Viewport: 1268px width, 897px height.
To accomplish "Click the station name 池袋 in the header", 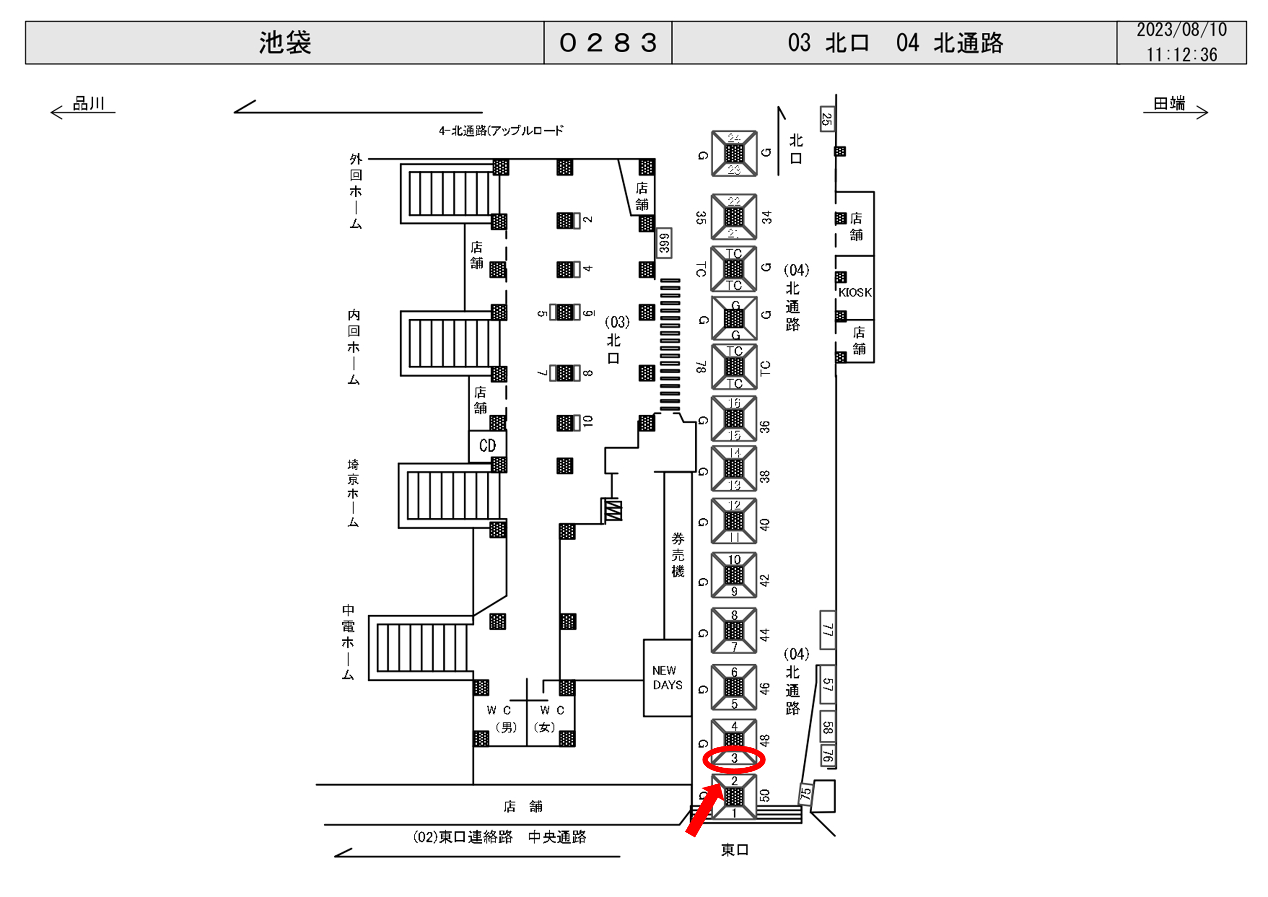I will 285,42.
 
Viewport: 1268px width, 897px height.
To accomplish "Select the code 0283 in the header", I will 608,42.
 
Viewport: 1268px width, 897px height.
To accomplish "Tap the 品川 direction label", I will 88,103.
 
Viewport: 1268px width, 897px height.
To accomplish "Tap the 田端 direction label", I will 1169,103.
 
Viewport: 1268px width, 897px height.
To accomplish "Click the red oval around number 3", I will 734,759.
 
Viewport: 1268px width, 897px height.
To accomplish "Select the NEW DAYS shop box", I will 667,678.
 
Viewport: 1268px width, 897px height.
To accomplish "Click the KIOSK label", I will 855,292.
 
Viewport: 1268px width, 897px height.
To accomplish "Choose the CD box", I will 487,446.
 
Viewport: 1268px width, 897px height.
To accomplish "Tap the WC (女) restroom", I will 551,719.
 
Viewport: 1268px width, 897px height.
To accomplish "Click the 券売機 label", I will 678,555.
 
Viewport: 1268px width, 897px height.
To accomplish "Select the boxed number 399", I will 664,243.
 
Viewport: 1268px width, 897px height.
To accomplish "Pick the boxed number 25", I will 827,119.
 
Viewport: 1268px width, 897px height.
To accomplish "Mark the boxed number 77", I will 827,630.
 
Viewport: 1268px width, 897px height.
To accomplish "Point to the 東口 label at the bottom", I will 734,849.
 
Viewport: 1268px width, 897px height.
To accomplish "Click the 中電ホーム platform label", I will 348,642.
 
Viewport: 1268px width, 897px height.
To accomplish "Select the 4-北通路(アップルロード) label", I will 501,131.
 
